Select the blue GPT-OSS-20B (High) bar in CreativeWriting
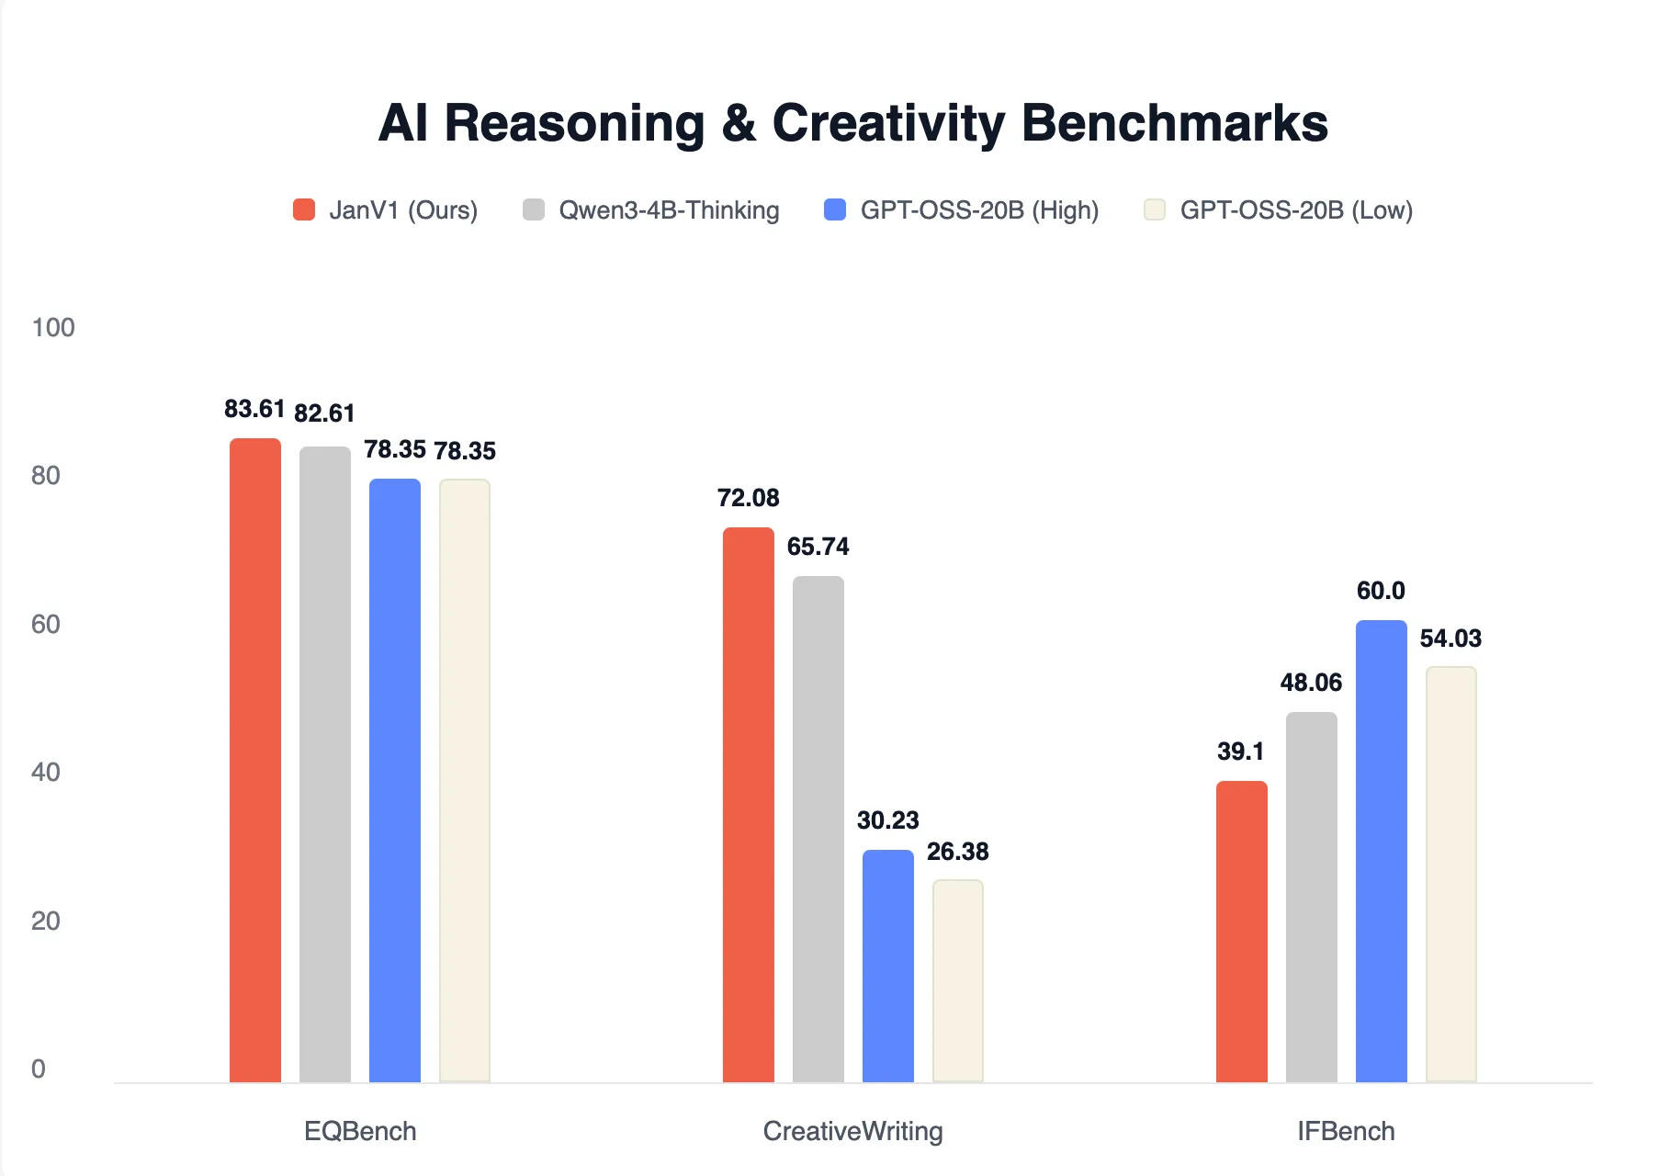tap(887, 965)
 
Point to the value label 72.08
tap(748, 498)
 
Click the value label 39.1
tap(1240, 752)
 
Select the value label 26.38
tap(957, 852)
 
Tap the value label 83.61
tap(254, 409)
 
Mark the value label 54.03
tap(1450, 639)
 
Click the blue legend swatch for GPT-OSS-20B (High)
tap(835, 209)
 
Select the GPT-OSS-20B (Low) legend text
tap(1295, 210)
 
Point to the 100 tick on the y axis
tap(53, 328)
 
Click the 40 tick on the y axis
tap(46, 772)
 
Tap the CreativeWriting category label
tap(852, 1131)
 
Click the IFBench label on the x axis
tap(1346, 1131)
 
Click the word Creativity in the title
tap(887, 123)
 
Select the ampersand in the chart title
tap(739, 123)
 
